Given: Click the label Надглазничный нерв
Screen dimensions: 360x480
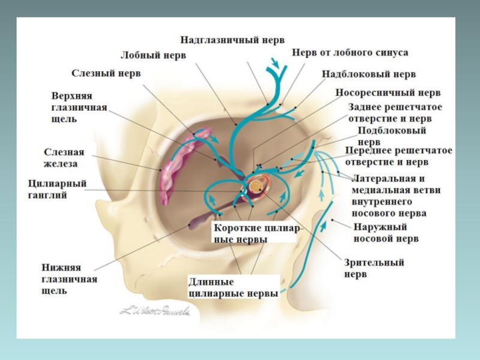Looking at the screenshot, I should point(233,40).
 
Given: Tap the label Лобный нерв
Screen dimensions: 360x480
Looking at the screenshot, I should point(154,55).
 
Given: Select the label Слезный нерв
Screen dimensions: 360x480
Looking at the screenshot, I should point(107,73).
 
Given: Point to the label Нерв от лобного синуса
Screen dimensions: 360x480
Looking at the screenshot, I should point(350,53).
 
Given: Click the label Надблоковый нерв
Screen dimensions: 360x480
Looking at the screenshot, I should point(368,74).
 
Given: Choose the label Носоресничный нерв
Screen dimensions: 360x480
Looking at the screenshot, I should point(388,93).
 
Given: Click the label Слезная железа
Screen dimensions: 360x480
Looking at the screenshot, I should point(64,158).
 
